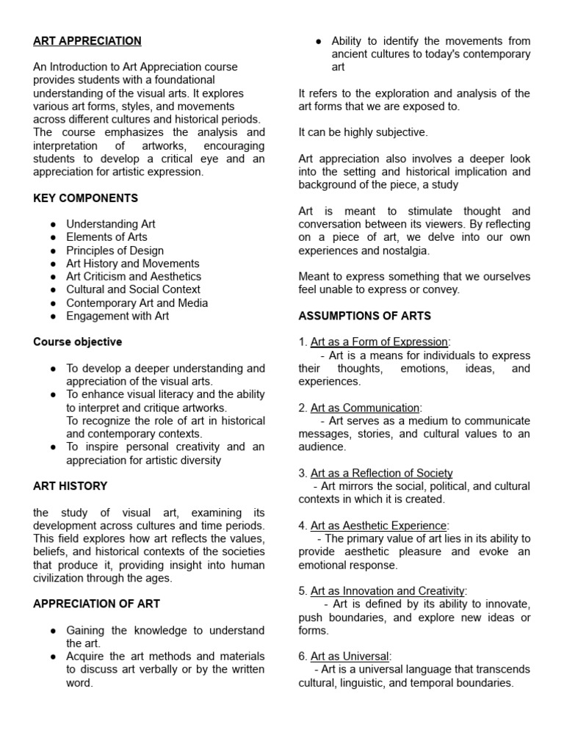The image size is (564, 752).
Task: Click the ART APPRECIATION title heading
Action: pos(87,41)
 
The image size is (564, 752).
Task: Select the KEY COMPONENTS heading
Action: pos(85,198)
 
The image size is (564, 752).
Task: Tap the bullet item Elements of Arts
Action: pos(106,237)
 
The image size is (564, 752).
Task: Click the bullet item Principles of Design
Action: pos(115,250)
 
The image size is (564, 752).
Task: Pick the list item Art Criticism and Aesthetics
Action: pos(133,277)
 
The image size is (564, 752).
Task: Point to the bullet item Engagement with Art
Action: pos(117,316)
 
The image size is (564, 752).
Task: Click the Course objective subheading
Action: pos(78,342)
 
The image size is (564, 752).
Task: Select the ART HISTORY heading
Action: pos(70,486)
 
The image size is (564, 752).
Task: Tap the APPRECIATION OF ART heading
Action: pos(96,604)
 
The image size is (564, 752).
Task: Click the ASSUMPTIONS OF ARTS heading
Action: pos(364,316)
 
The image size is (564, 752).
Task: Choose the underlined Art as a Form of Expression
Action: pos(379,342)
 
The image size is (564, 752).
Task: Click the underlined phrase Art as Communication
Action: pos(365,408)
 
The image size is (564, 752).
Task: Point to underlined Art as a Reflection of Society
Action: pos(381,473)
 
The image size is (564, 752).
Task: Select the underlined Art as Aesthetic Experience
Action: pos(378,526)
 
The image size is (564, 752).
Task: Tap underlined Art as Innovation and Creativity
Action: pos(388,591)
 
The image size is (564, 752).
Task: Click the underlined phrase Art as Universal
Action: pos(350,657)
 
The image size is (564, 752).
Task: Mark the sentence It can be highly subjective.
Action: pos(363,132)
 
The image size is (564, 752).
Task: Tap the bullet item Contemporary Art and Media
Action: pos(137,303)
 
